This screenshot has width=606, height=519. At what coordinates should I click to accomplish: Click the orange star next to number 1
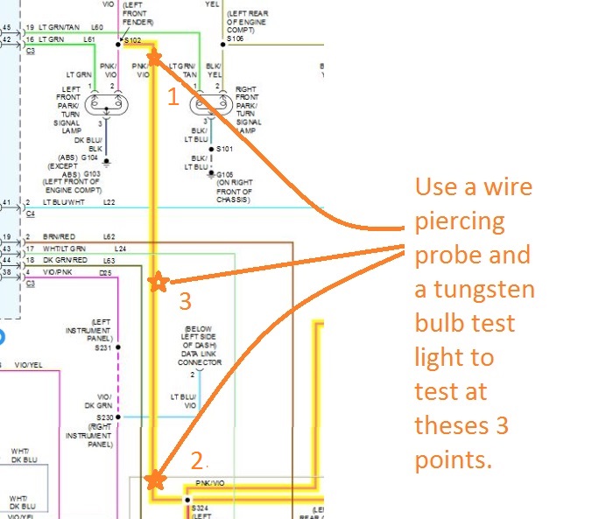(x=154, y=58)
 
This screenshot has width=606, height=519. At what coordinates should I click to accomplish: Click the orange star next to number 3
(x=158, y=282)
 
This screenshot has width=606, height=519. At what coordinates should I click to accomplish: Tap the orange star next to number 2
(x=155, y=480)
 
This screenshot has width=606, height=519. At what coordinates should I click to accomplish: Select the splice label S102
(x=133, y=40)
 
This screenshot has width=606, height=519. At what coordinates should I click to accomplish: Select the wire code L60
(x=97, y=27)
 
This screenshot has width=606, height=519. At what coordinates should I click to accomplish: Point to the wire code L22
(x=109, y=203)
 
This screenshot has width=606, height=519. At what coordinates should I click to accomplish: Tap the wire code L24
(x=121, y=249)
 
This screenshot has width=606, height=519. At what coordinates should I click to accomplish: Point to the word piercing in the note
(x=460, y=221)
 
